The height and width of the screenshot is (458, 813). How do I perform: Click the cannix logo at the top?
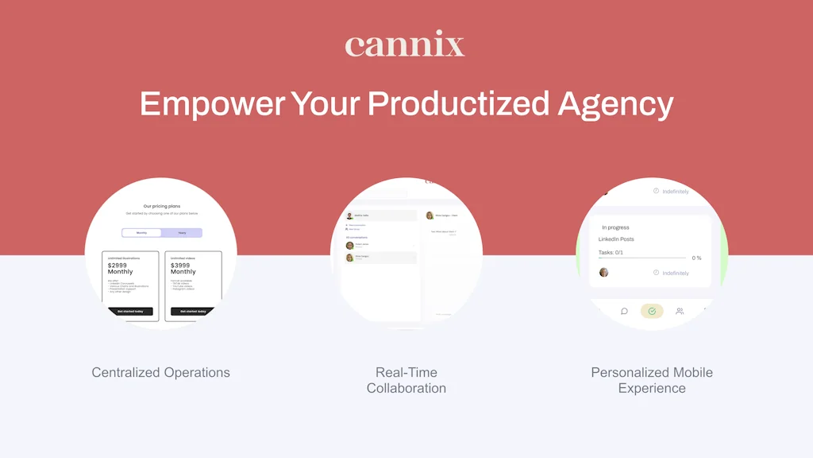tap(405, 45)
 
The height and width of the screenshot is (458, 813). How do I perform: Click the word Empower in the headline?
tap(212, 104)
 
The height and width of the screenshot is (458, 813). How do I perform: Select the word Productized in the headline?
tap(458, 104)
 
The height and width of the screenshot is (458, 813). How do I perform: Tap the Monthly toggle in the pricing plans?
tap(141, 233)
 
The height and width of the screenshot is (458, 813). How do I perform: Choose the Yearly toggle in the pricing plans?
tap(182, 233)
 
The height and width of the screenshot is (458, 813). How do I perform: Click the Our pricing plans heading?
tap(161, 206)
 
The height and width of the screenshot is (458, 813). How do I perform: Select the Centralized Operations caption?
tap(160, 372)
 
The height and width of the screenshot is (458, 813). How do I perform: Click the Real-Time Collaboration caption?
tap(406, 380)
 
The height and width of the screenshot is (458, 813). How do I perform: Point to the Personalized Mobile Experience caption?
tap(652, 380)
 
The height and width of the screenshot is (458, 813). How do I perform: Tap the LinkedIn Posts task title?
tap(616, 239)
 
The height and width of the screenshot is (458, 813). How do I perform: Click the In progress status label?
tap(615, 227)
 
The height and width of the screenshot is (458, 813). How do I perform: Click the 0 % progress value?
tap(696, 258)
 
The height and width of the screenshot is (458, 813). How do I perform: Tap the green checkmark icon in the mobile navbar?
tap(652, 311)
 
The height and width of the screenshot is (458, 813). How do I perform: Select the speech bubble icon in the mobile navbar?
tap(624, 311)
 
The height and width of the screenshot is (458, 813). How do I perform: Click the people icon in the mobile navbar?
tap(680, 311)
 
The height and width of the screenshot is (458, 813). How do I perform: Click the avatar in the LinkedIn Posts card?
tap(604, 272)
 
